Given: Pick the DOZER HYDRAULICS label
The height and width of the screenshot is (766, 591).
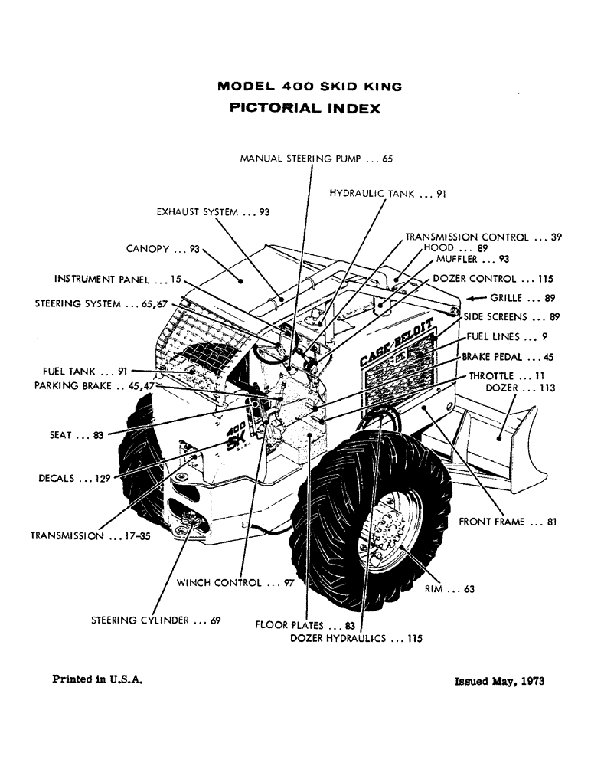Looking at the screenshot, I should [356, 637].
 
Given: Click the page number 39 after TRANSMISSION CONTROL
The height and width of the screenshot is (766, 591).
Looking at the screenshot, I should [557, 237].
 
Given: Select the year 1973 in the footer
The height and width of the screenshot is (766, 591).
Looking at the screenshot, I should [529, 681].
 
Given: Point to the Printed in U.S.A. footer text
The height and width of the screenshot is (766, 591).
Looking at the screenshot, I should [98, 679].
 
